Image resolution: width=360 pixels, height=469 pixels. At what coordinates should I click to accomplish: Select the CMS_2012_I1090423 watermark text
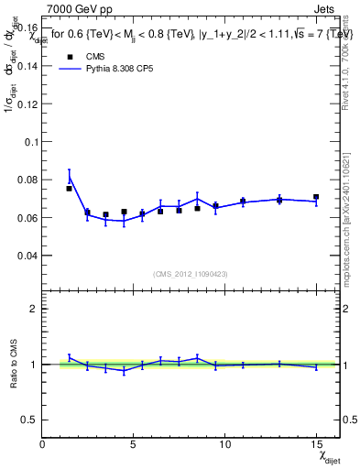[191, 275]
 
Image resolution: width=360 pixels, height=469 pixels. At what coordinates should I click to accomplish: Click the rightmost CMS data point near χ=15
[316, 197]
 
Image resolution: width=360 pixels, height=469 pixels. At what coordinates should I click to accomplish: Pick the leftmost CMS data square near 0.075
[70, 189]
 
